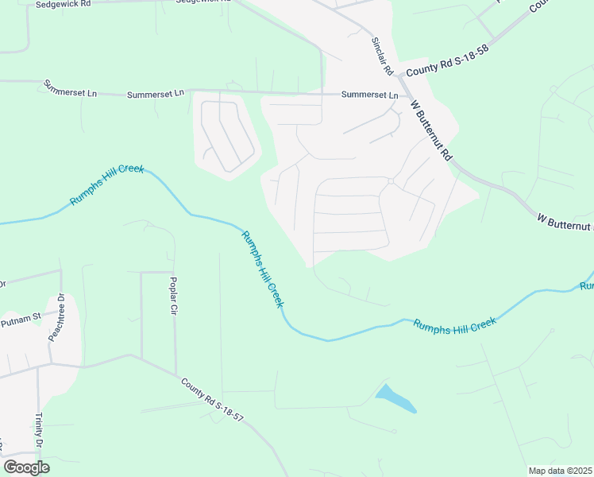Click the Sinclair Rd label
pos(383,56)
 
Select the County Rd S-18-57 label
pos(211,399)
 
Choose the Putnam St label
pos(21,320)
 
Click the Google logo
pos(26,467)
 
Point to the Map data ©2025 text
pos(560,471)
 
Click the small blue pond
pos(395,398)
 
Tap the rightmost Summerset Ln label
pos(369,95)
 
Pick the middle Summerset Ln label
pos(156,94)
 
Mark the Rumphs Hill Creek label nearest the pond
pos(454,327)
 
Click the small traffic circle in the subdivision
pos(391,182)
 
